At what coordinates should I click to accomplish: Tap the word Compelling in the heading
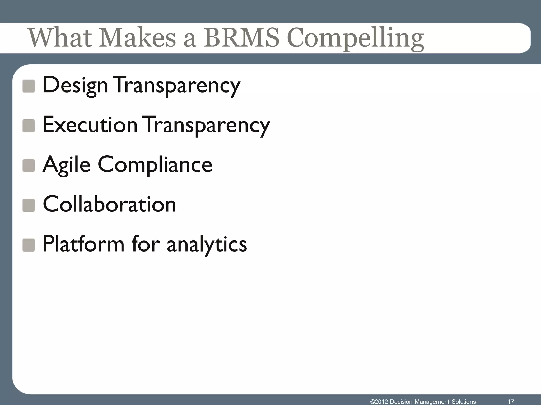click(x=355, y=39)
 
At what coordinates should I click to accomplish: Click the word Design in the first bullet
click(x=75, y=85)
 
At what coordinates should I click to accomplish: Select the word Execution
click(x=90, y=125)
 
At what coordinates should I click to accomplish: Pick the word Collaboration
click(x=109, y=204)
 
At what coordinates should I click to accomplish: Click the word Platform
click(x=83, y=244)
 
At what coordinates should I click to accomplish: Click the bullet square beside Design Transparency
click(x=29, y=86)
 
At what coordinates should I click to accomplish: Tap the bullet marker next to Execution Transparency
click(x=29, y=126)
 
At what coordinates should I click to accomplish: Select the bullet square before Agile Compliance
click(x=29, y=166)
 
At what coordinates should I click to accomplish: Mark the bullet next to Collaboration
click(x=29, y=205)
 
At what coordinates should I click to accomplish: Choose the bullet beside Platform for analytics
click(x=29, y=245)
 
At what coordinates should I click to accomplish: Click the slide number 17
click(x=511, y=402)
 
